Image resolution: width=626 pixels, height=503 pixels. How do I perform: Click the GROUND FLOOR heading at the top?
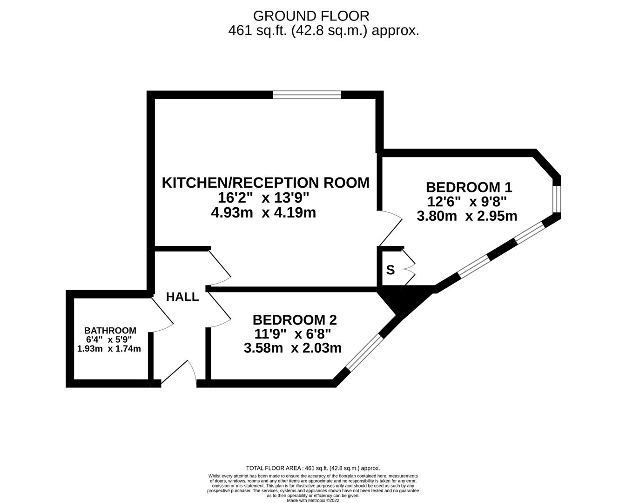coord(311,16)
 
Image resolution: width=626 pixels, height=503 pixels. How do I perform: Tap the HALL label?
coord(182,297)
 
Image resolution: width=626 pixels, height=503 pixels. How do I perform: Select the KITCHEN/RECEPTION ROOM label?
coord(265,183)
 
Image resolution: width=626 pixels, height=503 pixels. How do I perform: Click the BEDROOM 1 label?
coord(469,187)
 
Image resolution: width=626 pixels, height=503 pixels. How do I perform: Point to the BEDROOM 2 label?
coord(295,320)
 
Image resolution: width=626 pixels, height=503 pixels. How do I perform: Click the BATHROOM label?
coord(110,330)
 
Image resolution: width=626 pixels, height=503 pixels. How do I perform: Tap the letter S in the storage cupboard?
coord(390,270)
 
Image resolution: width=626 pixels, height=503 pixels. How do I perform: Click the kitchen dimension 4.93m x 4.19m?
coord(263,213)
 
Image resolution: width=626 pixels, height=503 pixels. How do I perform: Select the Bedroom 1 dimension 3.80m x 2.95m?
coord(467,216)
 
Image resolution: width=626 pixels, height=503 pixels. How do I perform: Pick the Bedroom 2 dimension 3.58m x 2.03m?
coord(293,348)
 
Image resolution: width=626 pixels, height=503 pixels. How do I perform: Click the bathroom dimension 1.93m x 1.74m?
coord(109,348)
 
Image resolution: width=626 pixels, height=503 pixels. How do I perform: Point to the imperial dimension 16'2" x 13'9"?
coord(263,198)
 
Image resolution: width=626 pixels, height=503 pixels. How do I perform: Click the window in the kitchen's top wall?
coord(307,95)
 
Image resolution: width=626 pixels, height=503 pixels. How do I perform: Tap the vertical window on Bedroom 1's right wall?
coord(557,199)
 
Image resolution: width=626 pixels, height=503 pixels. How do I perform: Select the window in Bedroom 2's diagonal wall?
coord(364,353)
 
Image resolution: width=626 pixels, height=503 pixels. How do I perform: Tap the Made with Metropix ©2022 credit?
coord(313,501)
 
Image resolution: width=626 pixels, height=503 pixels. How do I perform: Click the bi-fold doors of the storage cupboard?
coord(409,267)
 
